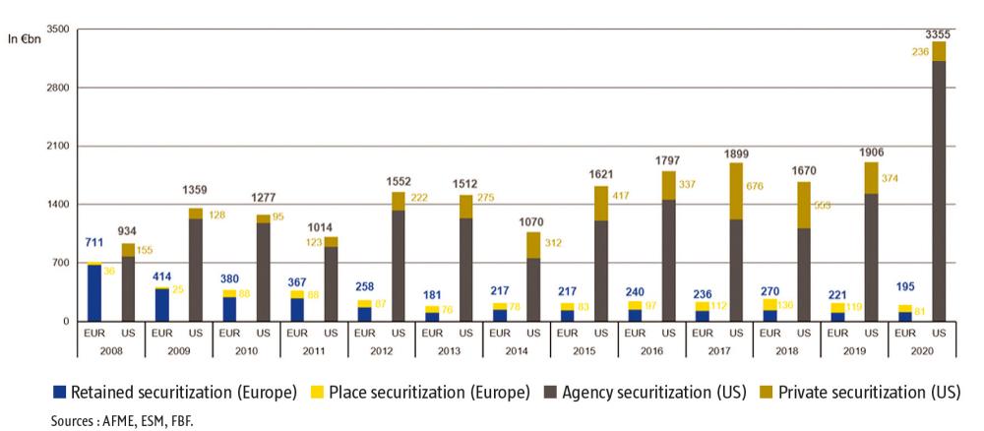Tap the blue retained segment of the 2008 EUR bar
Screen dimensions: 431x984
(94, 293)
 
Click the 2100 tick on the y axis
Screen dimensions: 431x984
(56, 147)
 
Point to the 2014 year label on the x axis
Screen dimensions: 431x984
(517, 348)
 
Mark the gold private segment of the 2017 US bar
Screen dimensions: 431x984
(736, 191)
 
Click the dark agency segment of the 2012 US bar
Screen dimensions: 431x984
(398, 266)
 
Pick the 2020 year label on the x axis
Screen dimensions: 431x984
(921, 348)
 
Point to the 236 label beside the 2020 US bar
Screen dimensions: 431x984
(917, 56)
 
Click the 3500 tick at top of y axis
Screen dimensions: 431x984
(56, 30)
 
